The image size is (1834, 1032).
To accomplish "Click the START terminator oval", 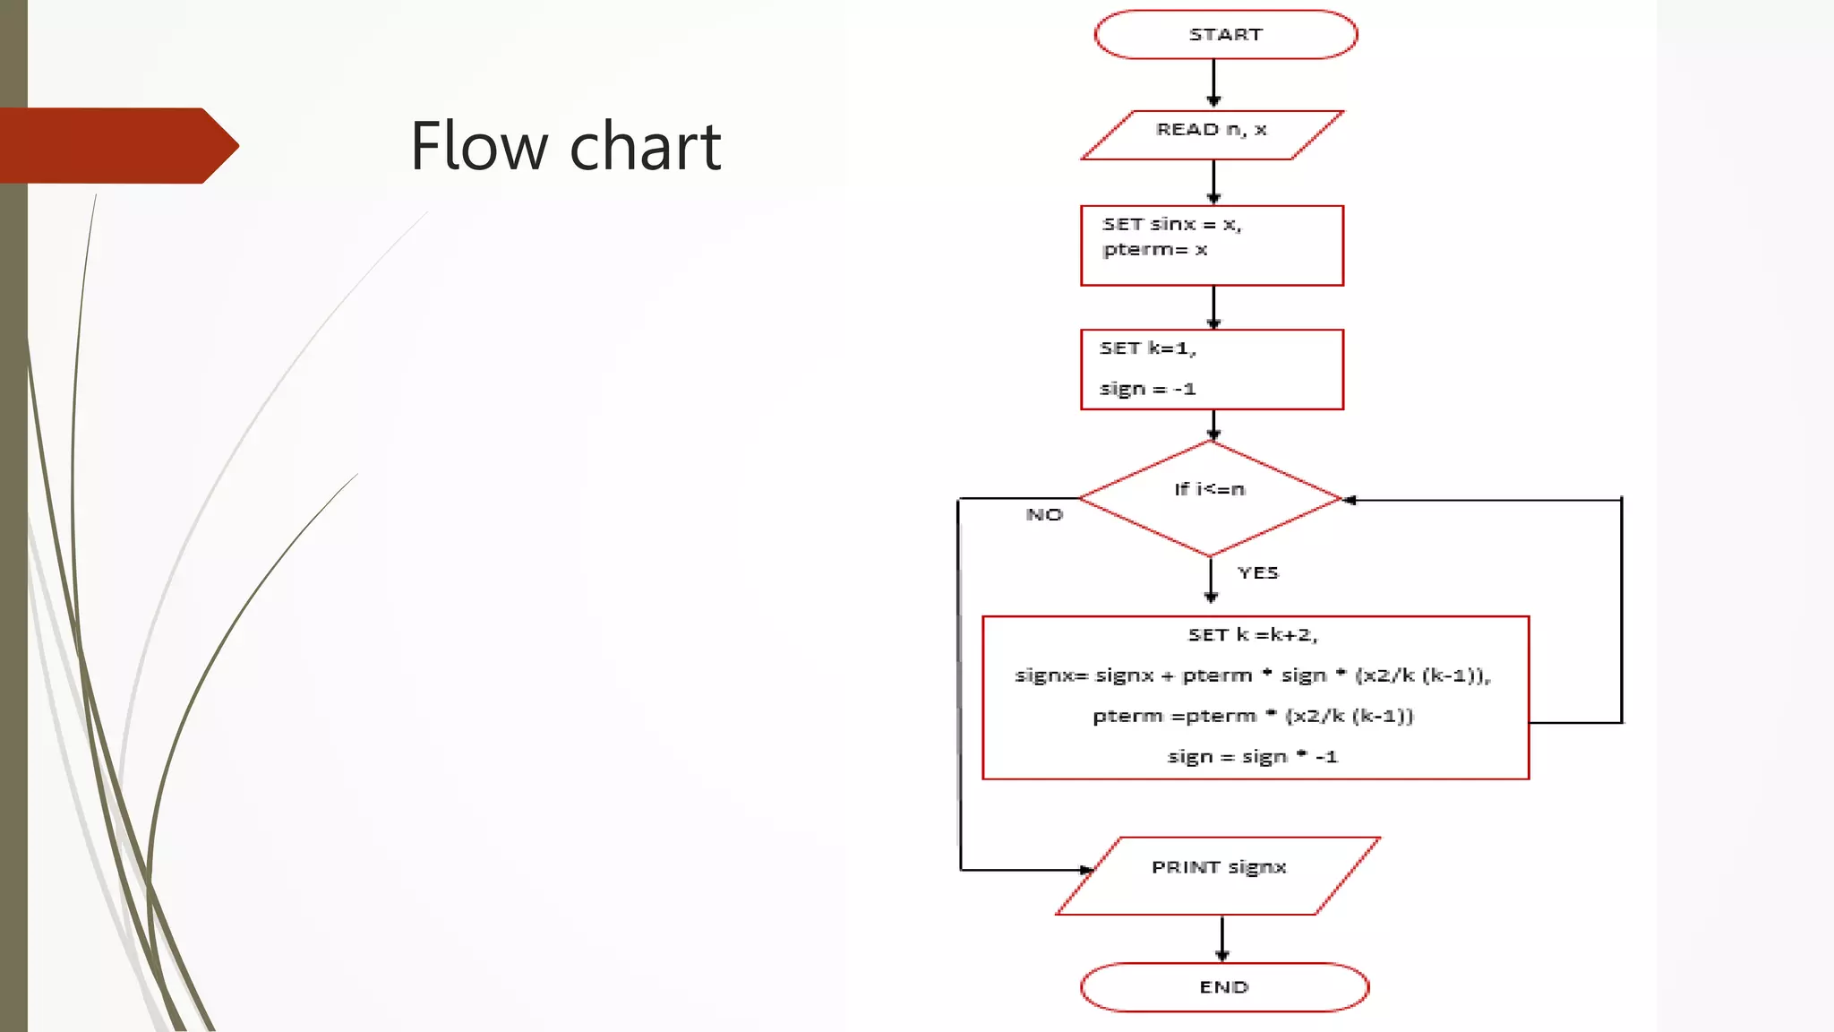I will pyautogui.click(x=1225, y=35).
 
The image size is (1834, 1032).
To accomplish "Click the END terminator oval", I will pyautogui.click(x=1224, y=987).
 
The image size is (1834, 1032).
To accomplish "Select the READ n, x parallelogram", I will pyautogui.click(x=1212, y=134).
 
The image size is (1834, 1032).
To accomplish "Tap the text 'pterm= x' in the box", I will pyautogui.click(x=1155, y=250).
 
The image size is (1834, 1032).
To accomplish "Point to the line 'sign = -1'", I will pyautogui.click(x=1147, y=389).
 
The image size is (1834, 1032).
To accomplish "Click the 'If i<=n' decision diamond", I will pyautogui.click(x=1210, y=498).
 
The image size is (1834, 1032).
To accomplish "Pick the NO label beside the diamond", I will pyautogui.click(x=1044, y=515).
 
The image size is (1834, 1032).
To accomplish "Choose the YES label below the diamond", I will pyautogui.click(x=1258, y=573).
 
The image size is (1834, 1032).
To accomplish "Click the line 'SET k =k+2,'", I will pyautogui.click(x=1253, y=635).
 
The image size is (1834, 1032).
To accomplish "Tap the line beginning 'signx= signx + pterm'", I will pyautogui.click(x=1252, y=675).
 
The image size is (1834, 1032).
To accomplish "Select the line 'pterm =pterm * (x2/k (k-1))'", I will pyautogui.click(x=1253, y=716).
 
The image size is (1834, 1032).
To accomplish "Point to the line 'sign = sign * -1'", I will pyautogui.click(x=1252, y=757).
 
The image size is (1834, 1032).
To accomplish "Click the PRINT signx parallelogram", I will pyautogui.click(x=1218, y=875).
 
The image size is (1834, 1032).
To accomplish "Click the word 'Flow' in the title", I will pyautogui.click(x=479, y=146).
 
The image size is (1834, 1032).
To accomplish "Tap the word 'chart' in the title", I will pyautogui.click(x=645, y=146).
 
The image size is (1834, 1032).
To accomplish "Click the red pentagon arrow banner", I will pyautogui.click(x=116, y=145).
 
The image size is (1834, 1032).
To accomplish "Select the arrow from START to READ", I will pyautogui.click(x=1213, y=83).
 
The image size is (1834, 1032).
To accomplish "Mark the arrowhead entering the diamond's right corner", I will pyautogui.click(x=1350, y=500).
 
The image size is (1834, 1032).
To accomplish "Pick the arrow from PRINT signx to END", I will pyautogui.click(x=1222, y=938).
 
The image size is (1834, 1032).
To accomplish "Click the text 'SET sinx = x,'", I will pyautogui.click(x=1171, y=224).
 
